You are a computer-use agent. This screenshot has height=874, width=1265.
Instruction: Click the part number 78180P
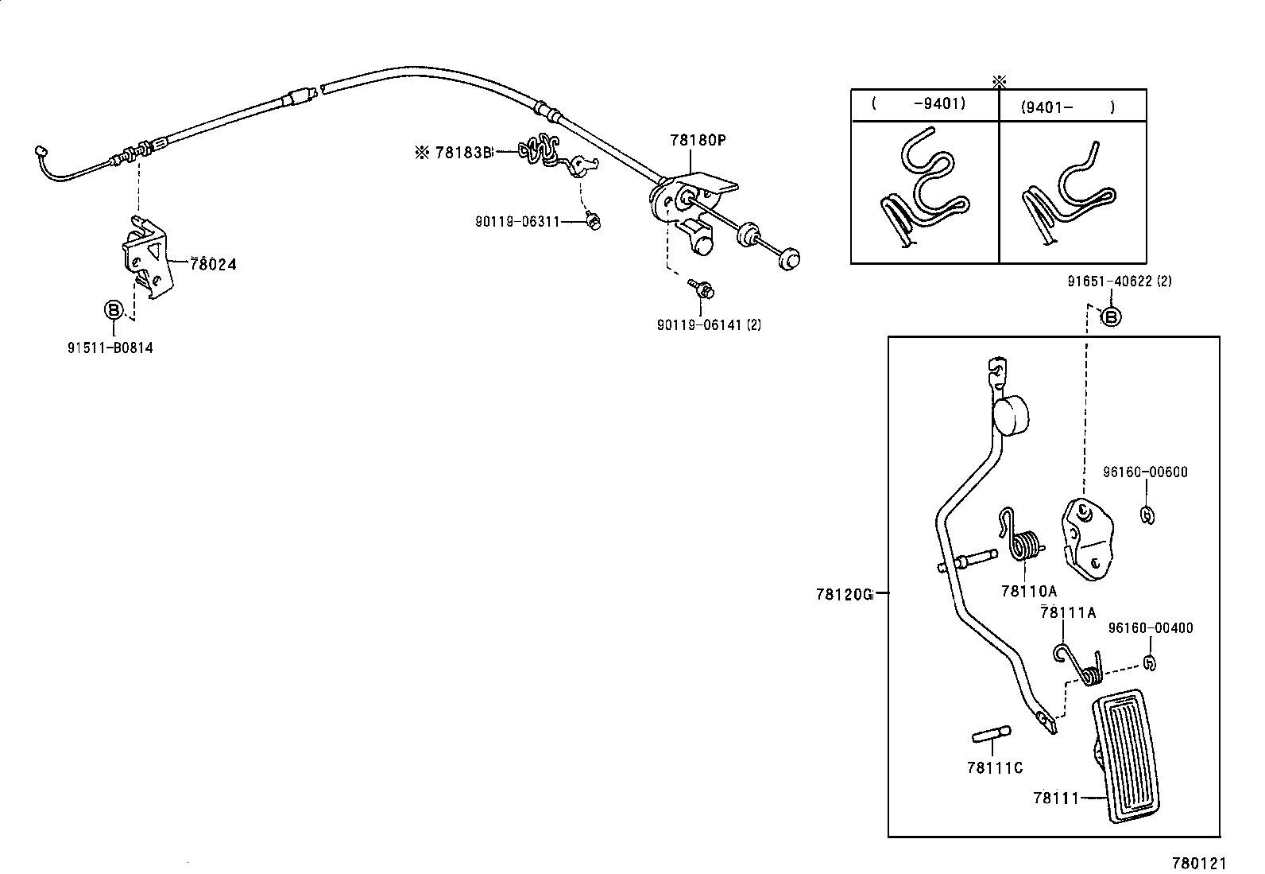(x=698, y=140)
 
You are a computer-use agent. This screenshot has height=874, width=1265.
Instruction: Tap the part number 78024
(x=212, y=264)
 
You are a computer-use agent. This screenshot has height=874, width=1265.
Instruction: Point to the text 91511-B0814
(x=110, y=348)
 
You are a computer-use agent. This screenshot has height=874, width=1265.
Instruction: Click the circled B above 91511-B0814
(x=114, y=309)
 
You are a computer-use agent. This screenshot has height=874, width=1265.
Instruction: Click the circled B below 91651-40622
(x=1110, y=317)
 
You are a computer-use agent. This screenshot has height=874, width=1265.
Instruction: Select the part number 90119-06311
(x=517, y=222)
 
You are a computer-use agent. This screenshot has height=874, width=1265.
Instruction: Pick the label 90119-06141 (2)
(x=709, y=324)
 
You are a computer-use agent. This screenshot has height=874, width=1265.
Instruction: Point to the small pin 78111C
(x=991, y=736)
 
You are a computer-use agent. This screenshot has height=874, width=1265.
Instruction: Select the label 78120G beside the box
(x=843, y=593)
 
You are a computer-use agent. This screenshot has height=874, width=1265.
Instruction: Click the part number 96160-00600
(x=1144, y=472)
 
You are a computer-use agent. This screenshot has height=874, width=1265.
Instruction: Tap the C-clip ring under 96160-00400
(x=1149, y=662)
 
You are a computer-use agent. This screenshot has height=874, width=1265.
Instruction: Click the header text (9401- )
(x=1067, y=107)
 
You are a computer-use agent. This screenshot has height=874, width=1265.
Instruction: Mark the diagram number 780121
(x=1200, y=863)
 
